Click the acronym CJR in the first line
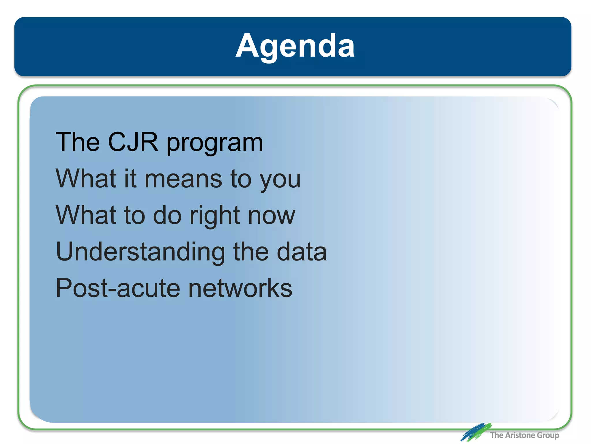pos(133,142)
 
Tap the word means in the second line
pos(183,179)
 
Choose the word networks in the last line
pos(240,288)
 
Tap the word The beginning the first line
pos(78,142)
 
